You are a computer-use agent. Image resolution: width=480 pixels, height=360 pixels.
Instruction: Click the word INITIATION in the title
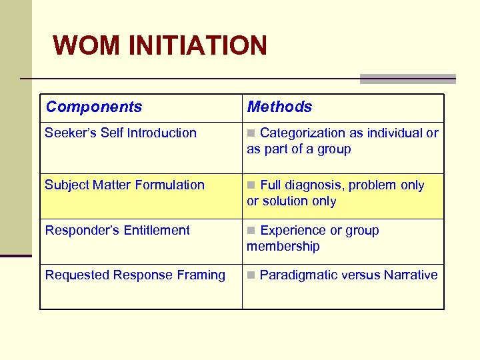[197, 46]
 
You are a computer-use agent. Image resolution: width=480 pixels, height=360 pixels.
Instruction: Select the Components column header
[94, 107]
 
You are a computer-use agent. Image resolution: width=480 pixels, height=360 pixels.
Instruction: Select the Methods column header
[279, 107]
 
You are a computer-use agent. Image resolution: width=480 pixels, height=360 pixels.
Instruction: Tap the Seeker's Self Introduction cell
[121, 133]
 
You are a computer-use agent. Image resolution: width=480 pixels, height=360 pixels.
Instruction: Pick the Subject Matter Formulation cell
[125, 185]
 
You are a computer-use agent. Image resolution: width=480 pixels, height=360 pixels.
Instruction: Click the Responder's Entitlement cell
[117, 230]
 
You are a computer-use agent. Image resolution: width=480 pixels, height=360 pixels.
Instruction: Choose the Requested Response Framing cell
[135, 275]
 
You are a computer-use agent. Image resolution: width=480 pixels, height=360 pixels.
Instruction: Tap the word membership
[283, 246]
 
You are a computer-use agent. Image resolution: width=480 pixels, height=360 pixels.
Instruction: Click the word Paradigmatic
[297, 275]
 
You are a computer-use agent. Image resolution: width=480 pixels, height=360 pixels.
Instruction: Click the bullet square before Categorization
[251, 133]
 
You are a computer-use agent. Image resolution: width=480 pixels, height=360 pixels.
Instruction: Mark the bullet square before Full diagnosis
[251, 185]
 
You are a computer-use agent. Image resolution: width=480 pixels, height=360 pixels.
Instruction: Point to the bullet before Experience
[251, 231]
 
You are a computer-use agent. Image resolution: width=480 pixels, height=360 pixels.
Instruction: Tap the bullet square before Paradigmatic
[251, 275]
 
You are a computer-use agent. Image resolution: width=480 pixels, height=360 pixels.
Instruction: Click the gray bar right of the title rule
[408, 79]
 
